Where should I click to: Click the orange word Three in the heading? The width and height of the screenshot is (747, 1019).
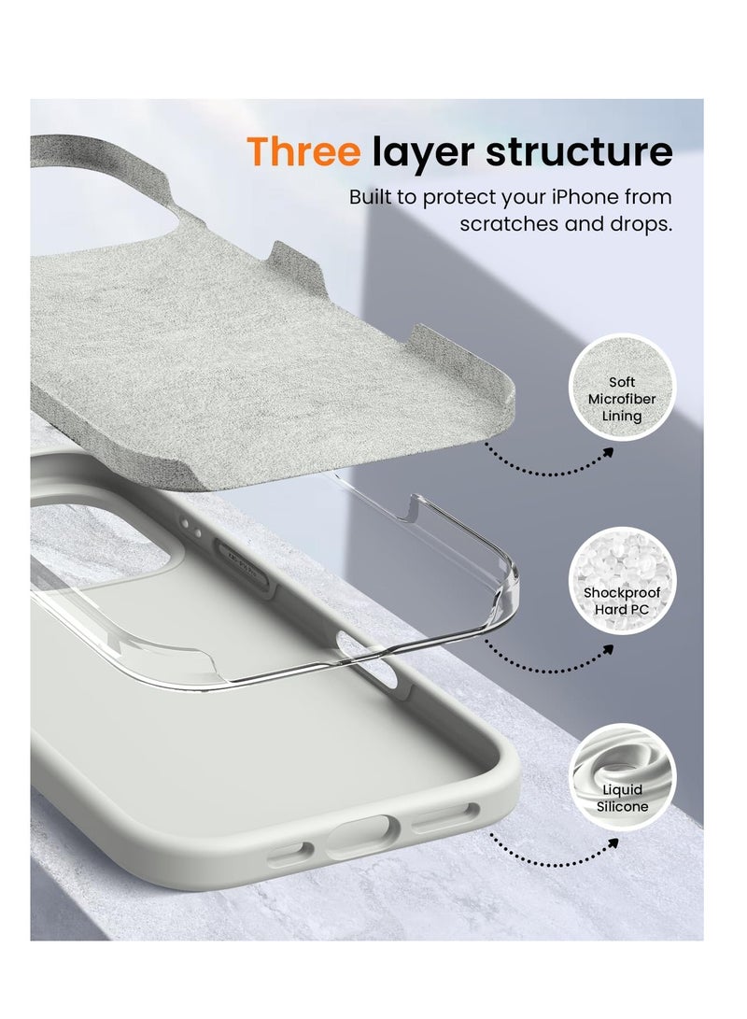click(x=303, y=151)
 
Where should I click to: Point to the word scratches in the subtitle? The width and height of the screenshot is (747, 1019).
click(x=509, y=225)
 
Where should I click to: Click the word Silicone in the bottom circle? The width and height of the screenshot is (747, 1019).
click(x=623, y=806)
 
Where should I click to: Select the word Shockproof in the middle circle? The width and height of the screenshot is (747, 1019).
click(x=622, y=593)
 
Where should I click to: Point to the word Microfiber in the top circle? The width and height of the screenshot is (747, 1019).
click(x=622, y=399)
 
